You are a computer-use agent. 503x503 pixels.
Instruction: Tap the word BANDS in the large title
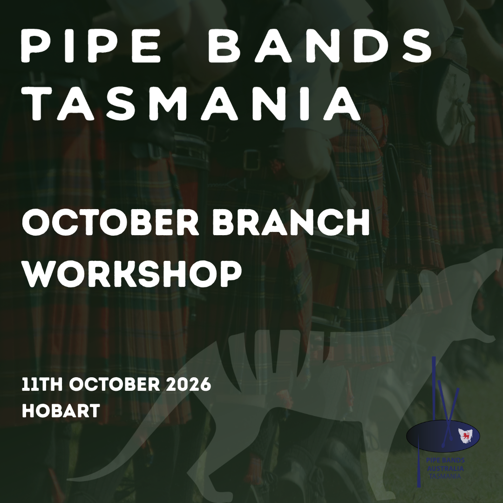(320, 47)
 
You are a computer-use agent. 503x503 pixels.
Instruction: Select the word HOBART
(61, 410)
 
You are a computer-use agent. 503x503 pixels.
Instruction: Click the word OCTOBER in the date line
(113, 386)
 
